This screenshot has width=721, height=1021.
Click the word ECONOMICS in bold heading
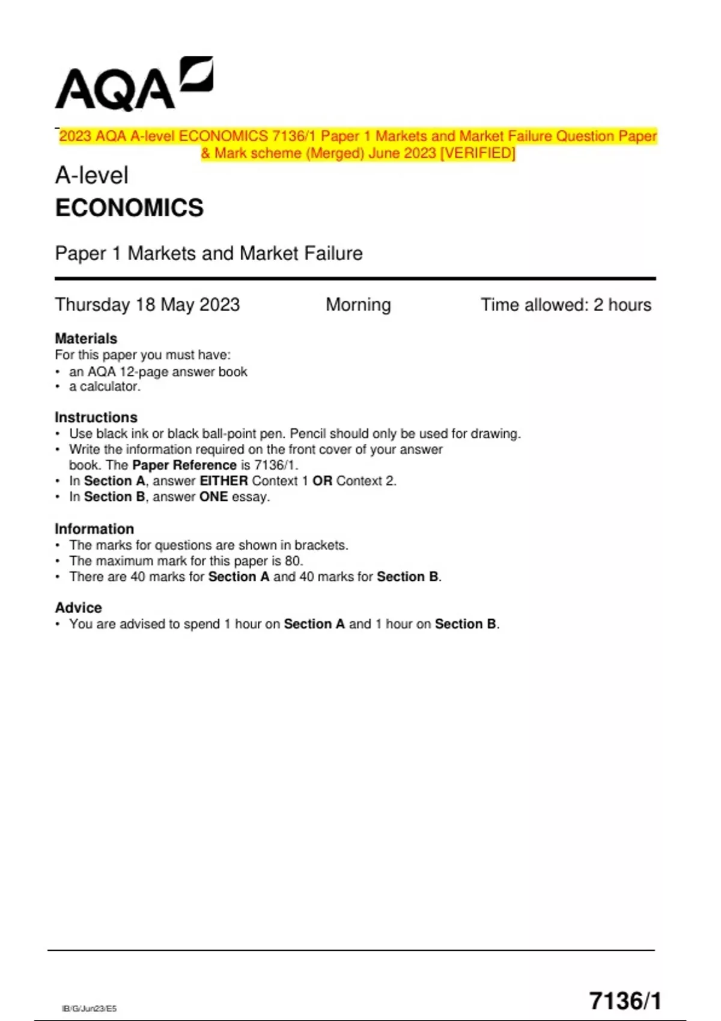129,208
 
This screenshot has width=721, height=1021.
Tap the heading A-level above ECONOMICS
91,175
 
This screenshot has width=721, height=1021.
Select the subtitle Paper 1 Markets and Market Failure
208,253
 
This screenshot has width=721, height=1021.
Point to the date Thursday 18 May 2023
147,305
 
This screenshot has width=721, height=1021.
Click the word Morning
358,305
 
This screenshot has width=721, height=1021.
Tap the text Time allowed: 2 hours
565,305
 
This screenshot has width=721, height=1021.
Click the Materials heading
86,338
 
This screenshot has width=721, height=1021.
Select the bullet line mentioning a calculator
105,387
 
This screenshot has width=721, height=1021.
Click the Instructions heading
96,417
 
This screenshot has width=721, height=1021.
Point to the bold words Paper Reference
184,465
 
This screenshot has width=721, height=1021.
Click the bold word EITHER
224,481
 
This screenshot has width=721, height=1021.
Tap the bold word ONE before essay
213,497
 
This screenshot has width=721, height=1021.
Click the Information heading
94,529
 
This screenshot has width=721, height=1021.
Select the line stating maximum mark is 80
186,561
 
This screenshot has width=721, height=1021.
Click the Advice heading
78,608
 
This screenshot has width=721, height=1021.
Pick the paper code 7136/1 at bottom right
625,1001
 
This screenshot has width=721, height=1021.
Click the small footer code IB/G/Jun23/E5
90,1008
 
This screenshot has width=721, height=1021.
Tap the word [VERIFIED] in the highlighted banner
478,153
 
